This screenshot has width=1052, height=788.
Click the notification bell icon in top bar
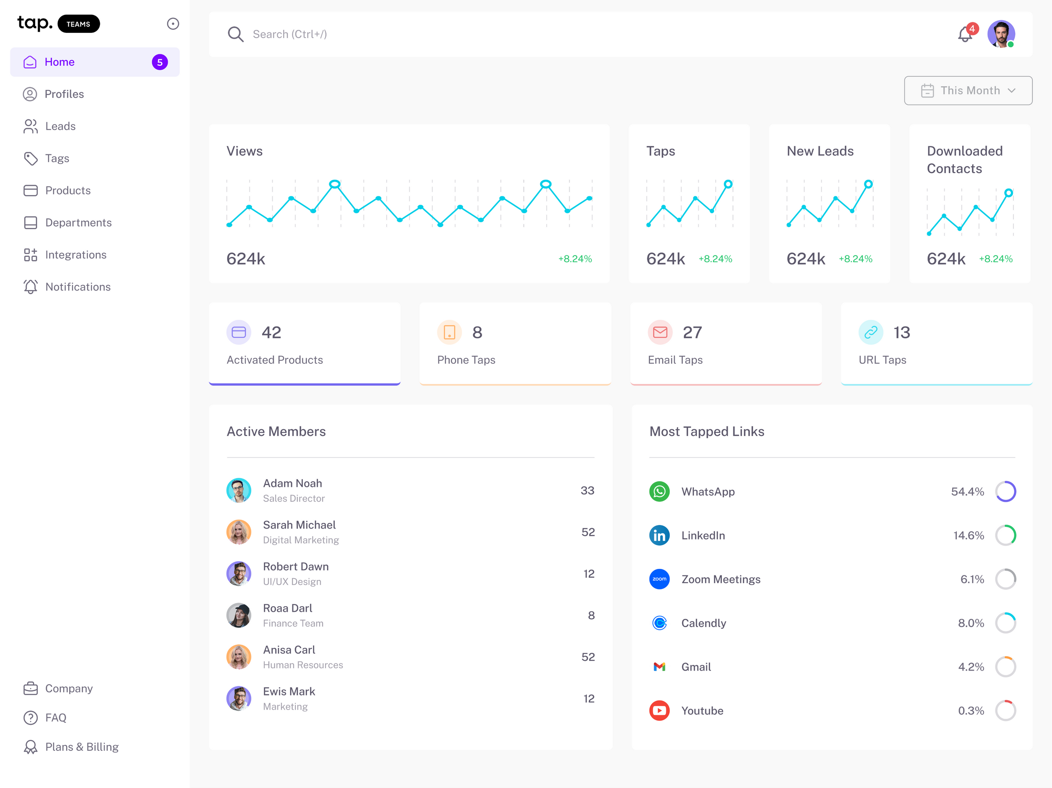[965, 34]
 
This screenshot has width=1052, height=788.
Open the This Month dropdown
[968, 90]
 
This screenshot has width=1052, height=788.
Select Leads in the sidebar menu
[60, 126]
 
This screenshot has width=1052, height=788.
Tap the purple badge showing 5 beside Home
[160, 62]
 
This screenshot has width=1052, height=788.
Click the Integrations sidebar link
[76, 255]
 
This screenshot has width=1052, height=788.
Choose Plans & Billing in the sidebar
[82, 747]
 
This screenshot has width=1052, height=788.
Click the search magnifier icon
[235, 34]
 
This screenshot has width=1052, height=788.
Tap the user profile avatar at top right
[1001, 34]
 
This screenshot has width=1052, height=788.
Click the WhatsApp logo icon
[659, 491]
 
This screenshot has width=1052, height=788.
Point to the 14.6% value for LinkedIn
[968, 536]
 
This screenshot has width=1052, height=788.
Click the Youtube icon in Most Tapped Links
[659, 710]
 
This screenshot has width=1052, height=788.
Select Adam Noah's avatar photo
[239, 490]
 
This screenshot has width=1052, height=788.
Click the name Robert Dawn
[296, 566]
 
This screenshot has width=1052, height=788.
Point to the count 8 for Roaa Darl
[591, 615]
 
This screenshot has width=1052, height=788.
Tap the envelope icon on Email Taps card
[660, 332]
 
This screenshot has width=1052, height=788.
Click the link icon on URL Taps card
[871, 332]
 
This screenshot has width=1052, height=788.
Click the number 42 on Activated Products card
[271, 332]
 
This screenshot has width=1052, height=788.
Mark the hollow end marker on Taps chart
[728, 184]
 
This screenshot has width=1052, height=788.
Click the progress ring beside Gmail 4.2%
[1006, 667]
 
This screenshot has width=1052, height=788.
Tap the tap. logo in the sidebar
[35, 23]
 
